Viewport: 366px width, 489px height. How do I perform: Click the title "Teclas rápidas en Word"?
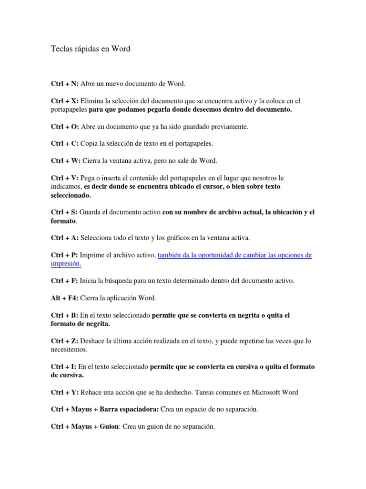tap(91, 49)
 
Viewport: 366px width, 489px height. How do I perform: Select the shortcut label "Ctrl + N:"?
tap(65, 84)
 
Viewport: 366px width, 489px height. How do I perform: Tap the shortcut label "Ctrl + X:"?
tap(65, 101)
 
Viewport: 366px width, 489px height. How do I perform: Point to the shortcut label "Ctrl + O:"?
tap(65, 127)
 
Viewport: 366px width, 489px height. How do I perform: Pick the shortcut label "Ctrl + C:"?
tap(65, 143)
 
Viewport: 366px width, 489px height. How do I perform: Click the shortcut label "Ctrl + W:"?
tap(66, 160)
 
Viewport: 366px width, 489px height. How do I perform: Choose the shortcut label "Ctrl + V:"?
tap(65, 178)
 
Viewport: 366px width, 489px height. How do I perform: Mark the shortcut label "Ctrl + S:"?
tap(64, 212)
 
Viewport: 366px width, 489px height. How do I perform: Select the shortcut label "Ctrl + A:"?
tap(65, 237)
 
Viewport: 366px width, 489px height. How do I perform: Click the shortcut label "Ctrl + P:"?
tap(64, 255)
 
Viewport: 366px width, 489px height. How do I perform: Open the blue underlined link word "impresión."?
tap(66, 264)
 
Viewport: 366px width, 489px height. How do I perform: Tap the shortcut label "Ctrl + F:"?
tap(64, 281)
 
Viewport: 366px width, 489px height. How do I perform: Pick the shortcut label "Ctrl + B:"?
tap(65, 315)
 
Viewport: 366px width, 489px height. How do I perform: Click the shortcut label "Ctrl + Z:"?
tap(64, 341)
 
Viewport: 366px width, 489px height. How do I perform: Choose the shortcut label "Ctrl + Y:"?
tap(65, 393)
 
